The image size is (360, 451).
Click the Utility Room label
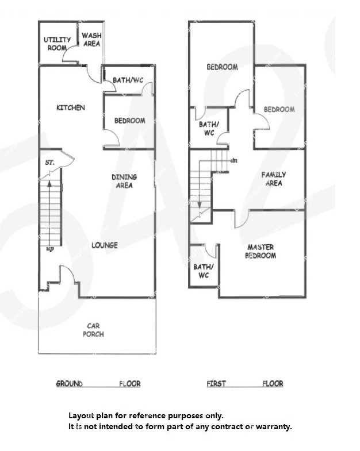tap(57, 44)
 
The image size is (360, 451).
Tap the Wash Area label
tap(91, 40)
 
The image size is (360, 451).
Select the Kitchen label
tap(71, 107)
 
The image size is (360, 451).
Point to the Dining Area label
tap(124, 181)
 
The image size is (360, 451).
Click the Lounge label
tap(105, 245)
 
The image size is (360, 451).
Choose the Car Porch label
tap(93, 330)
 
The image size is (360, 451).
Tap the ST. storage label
tap(49, 163)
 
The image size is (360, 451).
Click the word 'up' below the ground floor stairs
tap(50, 249)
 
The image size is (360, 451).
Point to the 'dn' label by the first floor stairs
tap(234, 160)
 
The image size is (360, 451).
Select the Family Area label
tap(274, 179)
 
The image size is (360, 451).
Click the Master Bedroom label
tap(261, 251)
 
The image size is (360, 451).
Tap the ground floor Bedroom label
tap(129, 121)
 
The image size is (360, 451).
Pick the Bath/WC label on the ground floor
tap(128, 80)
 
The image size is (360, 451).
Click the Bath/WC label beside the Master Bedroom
tap(204, 271)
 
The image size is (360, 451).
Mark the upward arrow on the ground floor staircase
tap(49, 213)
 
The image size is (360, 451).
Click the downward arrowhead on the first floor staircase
tap(200, 205)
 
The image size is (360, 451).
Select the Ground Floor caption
tap(98, 384)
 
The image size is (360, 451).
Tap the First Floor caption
tap(245, 383)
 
